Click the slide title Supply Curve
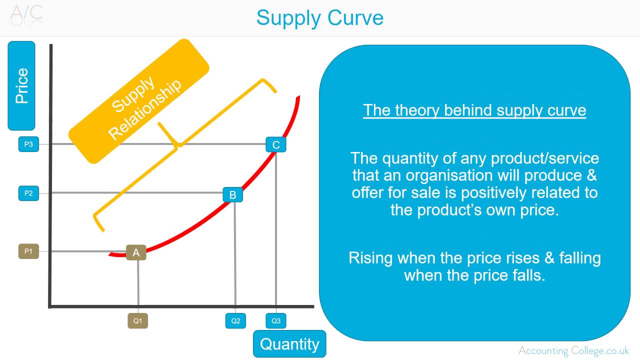click(x=319, y=18)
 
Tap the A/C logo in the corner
click(x=26, y=14)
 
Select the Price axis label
click(x=21, y=86)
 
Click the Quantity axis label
click(x=289, y=344)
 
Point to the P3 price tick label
click(x=28, y=144)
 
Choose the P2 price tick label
click(x=28, y=193)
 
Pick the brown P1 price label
click(x=28, y=251)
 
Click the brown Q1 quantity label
click(x=137, y=321)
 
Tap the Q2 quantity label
click(x=235, y=321)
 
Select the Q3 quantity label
click(x=276, y=321)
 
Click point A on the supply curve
click(x=136, y=252)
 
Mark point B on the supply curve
click(x=232, y=194)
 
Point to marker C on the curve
click(x=276, y=145)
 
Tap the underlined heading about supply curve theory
click(x=474, y=110)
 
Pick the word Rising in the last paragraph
click(x=370, y=258)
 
